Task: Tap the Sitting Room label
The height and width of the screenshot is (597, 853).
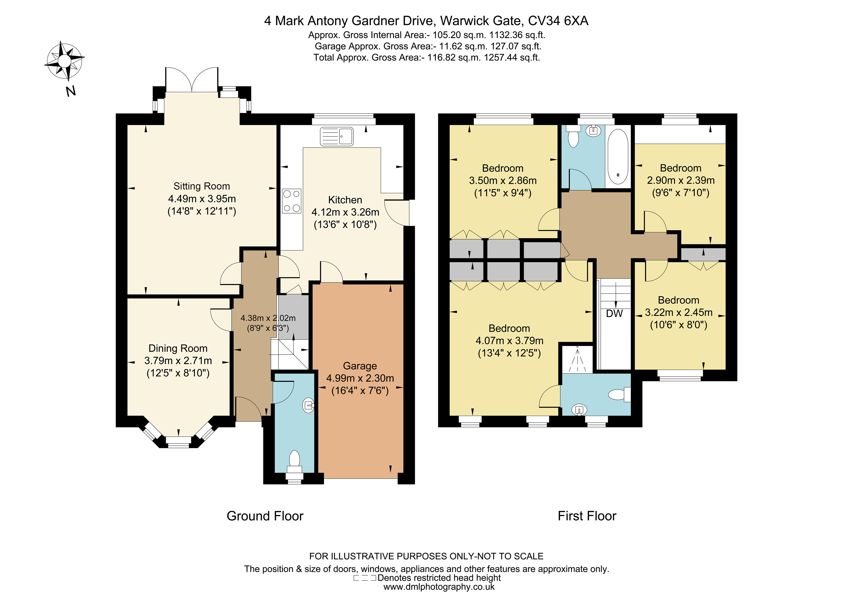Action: pyautogui.click(x=202, y=186)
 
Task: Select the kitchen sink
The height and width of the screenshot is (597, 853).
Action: pyautogui.click(x=337, y=136)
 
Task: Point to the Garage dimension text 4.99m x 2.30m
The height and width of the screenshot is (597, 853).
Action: pyautogui.click(x=360, y=378)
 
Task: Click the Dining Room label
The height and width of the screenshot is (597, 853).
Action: pyautogui.click(x=178, y=349)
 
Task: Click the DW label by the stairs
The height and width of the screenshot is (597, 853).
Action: pyautogui.click(x=614, y=314)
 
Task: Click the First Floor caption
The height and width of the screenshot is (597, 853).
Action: pyautogui.click(x=587, y=516)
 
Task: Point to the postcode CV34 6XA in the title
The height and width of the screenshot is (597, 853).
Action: pyautogui.click(x=558, y=21)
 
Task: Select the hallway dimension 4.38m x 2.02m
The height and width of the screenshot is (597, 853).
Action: pyautogui.click(x=268, y=318)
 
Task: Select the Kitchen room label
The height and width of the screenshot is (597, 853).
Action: pyautogui.click(x=345, y=200)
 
